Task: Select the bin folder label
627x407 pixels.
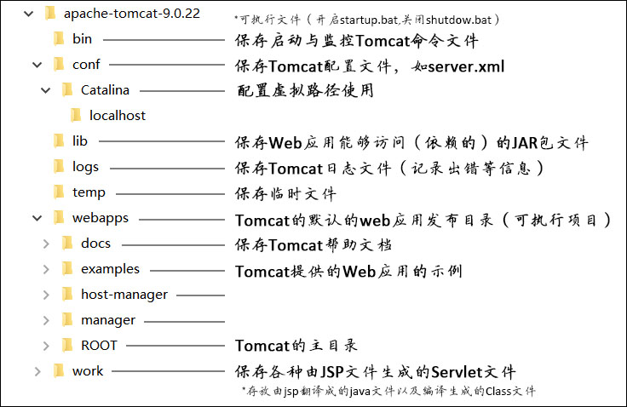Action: (82, 38)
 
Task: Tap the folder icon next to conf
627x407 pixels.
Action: (59, 64)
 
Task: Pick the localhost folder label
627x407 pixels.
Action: (118, 115)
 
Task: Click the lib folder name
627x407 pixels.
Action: (80, 141)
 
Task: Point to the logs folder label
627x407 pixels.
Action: (85, 167)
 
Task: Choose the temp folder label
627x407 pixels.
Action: (89, 192)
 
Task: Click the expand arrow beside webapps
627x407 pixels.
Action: (37, 218)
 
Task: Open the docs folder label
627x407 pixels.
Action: (96, 244)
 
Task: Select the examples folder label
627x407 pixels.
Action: (110, 269)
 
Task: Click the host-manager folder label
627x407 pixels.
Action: (124, 295)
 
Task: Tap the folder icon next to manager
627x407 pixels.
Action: (67, 320)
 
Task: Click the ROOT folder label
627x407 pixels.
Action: (99, 346)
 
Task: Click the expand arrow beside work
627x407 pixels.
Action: (37, 371)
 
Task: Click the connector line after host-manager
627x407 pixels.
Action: (199, 295)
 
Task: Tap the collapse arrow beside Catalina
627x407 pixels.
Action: (45, 89)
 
